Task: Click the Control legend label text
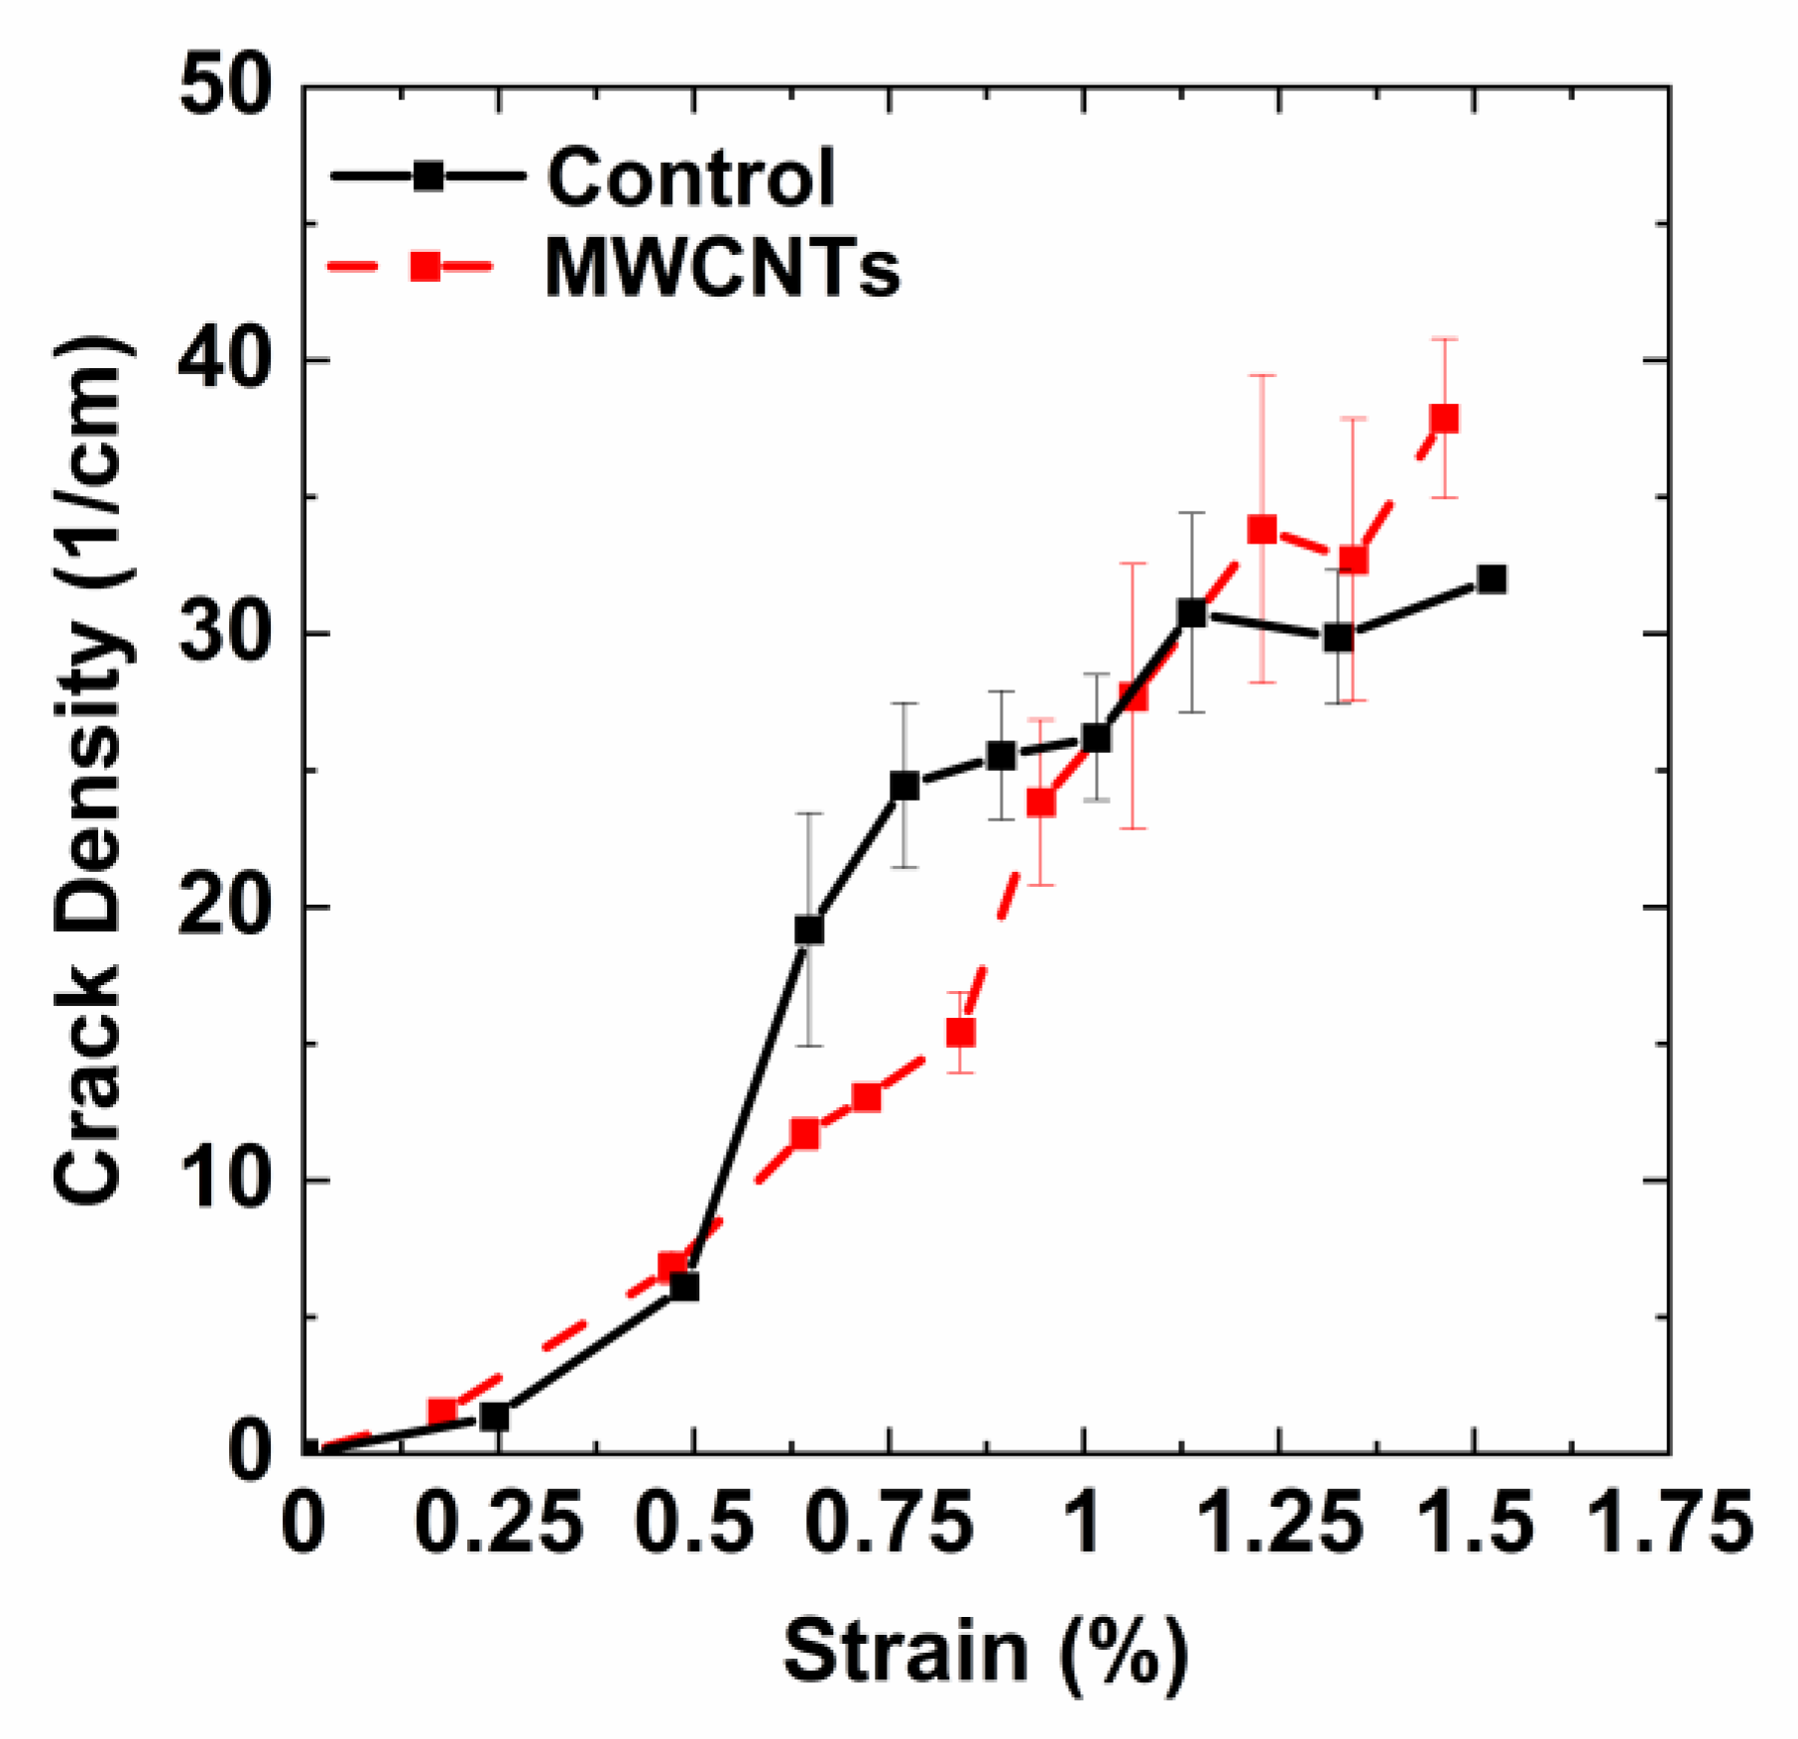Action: click(x=691, y=179)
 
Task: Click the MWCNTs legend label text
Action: click(x=722, y=268)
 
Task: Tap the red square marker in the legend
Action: click(x=426, y=266)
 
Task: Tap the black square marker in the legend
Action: click(x=427, y=177)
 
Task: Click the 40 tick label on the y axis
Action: click(x=225, y=361)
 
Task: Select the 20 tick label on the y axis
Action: click(x=225, y=907)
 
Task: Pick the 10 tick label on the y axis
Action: click(x=225, y=1180)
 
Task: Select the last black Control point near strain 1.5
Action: click(x=1491, y=579)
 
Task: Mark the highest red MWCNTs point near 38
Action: click(x=1444, y=418)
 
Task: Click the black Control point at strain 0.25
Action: click(x=494, y=1417)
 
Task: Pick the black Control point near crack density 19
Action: click(x=809, y=930)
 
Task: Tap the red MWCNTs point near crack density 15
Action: click(x=960, y=1034)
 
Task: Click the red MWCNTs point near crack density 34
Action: click(x=1261, y=529)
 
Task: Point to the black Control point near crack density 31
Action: click(x=1192, y=613)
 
